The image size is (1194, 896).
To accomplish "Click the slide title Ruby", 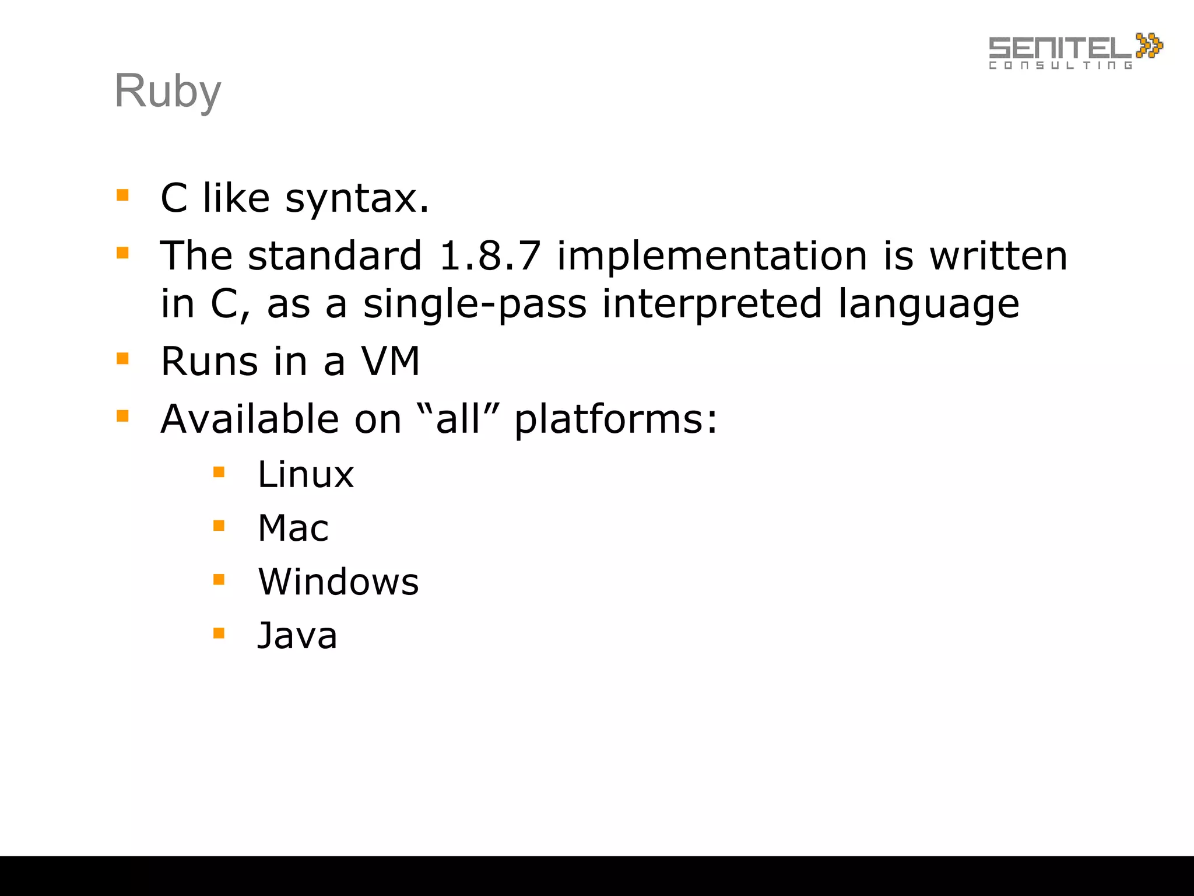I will pos(168,92).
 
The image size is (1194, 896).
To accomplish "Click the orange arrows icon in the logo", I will pos(1149,45).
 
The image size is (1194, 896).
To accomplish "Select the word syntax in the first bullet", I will pos(357,198).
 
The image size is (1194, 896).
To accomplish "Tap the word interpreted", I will pos(712,304).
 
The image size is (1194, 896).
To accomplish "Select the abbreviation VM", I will pos(391,361).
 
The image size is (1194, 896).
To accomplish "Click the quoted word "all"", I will pos(459,418).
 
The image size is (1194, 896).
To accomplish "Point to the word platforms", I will pos(616,419).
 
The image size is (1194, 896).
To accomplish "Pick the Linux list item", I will pos(305,474).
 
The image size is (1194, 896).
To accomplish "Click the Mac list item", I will pos(293,528).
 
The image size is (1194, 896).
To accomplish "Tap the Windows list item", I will pos(338,582).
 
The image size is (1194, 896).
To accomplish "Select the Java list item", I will pos(297,635).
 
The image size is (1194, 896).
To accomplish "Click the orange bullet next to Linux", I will pos(219,472).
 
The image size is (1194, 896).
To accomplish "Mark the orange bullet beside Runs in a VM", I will pos(122,358).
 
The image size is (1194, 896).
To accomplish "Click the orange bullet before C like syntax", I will pos(122,195).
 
